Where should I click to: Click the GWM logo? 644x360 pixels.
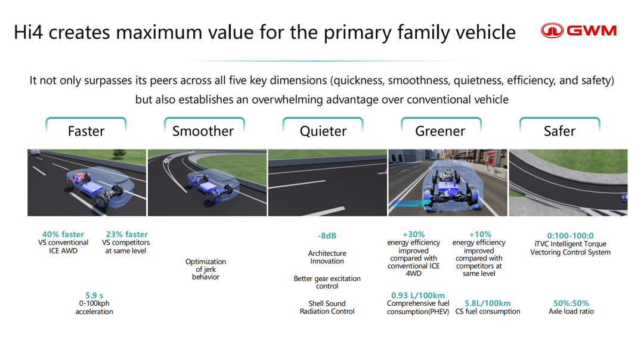(578, 31)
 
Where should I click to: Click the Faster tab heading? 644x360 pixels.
(86, 131)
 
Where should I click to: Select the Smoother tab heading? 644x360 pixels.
(203, 131)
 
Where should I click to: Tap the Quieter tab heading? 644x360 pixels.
(323, 131)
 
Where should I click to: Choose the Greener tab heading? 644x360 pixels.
(440, 131)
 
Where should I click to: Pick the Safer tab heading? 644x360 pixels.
(559, 131)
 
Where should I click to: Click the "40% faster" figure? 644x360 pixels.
(63, 234)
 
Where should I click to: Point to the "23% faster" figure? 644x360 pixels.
(127, 234)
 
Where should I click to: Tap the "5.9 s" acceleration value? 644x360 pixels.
(94, 296)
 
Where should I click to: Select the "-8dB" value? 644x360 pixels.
(327, 235)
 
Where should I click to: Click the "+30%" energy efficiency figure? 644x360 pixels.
(414, 234)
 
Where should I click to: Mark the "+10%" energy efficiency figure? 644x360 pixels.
(480, 234)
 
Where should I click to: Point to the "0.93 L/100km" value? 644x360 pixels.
(417, 296)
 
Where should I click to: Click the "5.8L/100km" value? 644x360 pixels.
(488, 303)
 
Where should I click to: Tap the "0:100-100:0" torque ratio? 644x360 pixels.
(570, 235)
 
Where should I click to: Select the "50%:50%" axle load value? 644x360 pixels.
(571, 303)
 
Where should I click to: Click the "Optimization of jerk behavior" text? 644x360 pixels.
(205, 269)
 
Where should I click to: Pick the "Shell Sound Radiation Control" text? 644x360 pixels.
(327, 308)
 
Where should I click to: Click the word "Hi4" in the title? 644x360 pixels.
(29, 32)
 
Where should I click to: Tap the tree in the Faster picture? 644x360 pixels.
(119, 154)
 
